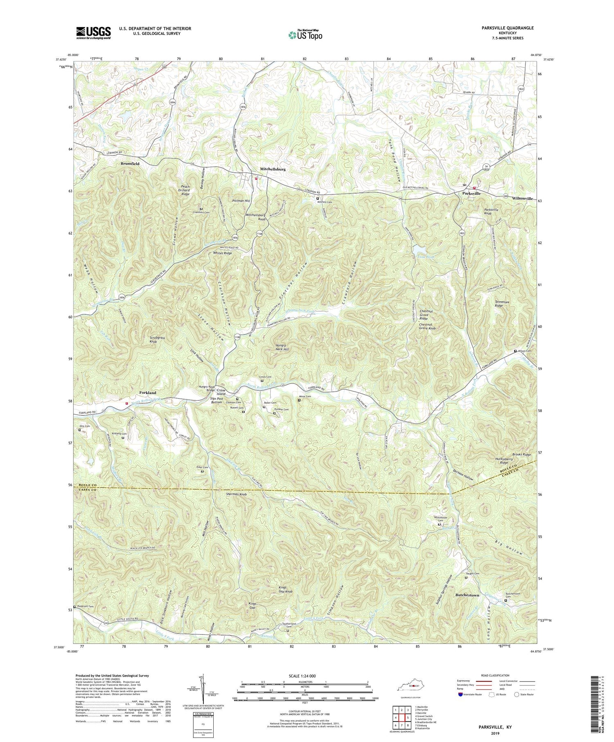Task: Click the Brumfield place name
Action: [x=130, y=163]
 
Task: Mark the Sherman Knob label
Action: [x=236, y=494]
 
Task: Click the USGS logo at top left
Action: [x=93, y=33]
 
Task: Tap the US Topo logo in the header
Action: [x=305, y=35]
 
